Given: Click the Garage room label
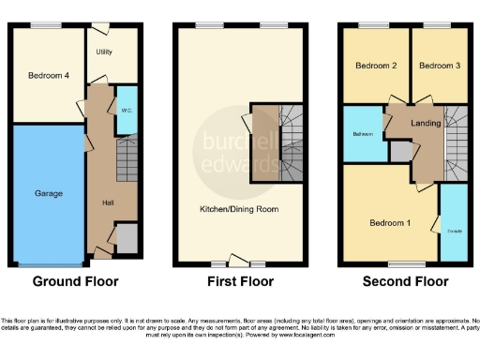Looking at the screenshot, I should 49,193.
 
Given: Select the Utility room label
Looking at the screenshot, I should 104,52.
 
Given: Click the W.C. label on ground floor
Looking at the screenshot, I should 126,109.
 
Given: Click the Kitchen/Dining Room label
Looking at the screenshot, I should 239,209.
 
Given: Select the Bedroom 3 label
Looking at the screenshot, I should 438,67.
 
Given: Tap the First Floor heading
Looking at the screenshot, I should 239,281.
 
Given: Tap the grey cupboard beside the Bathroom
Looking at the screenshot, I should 400,151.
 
